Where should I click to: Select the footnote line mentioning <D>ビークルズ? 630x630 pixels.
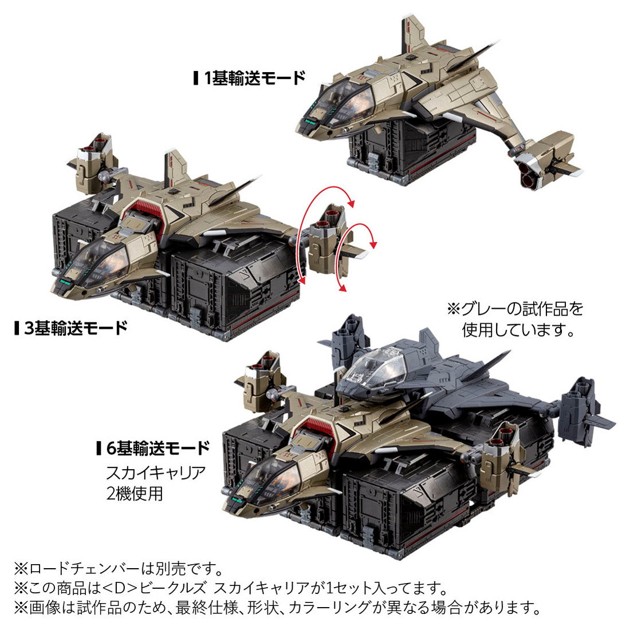click(229, 588)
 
